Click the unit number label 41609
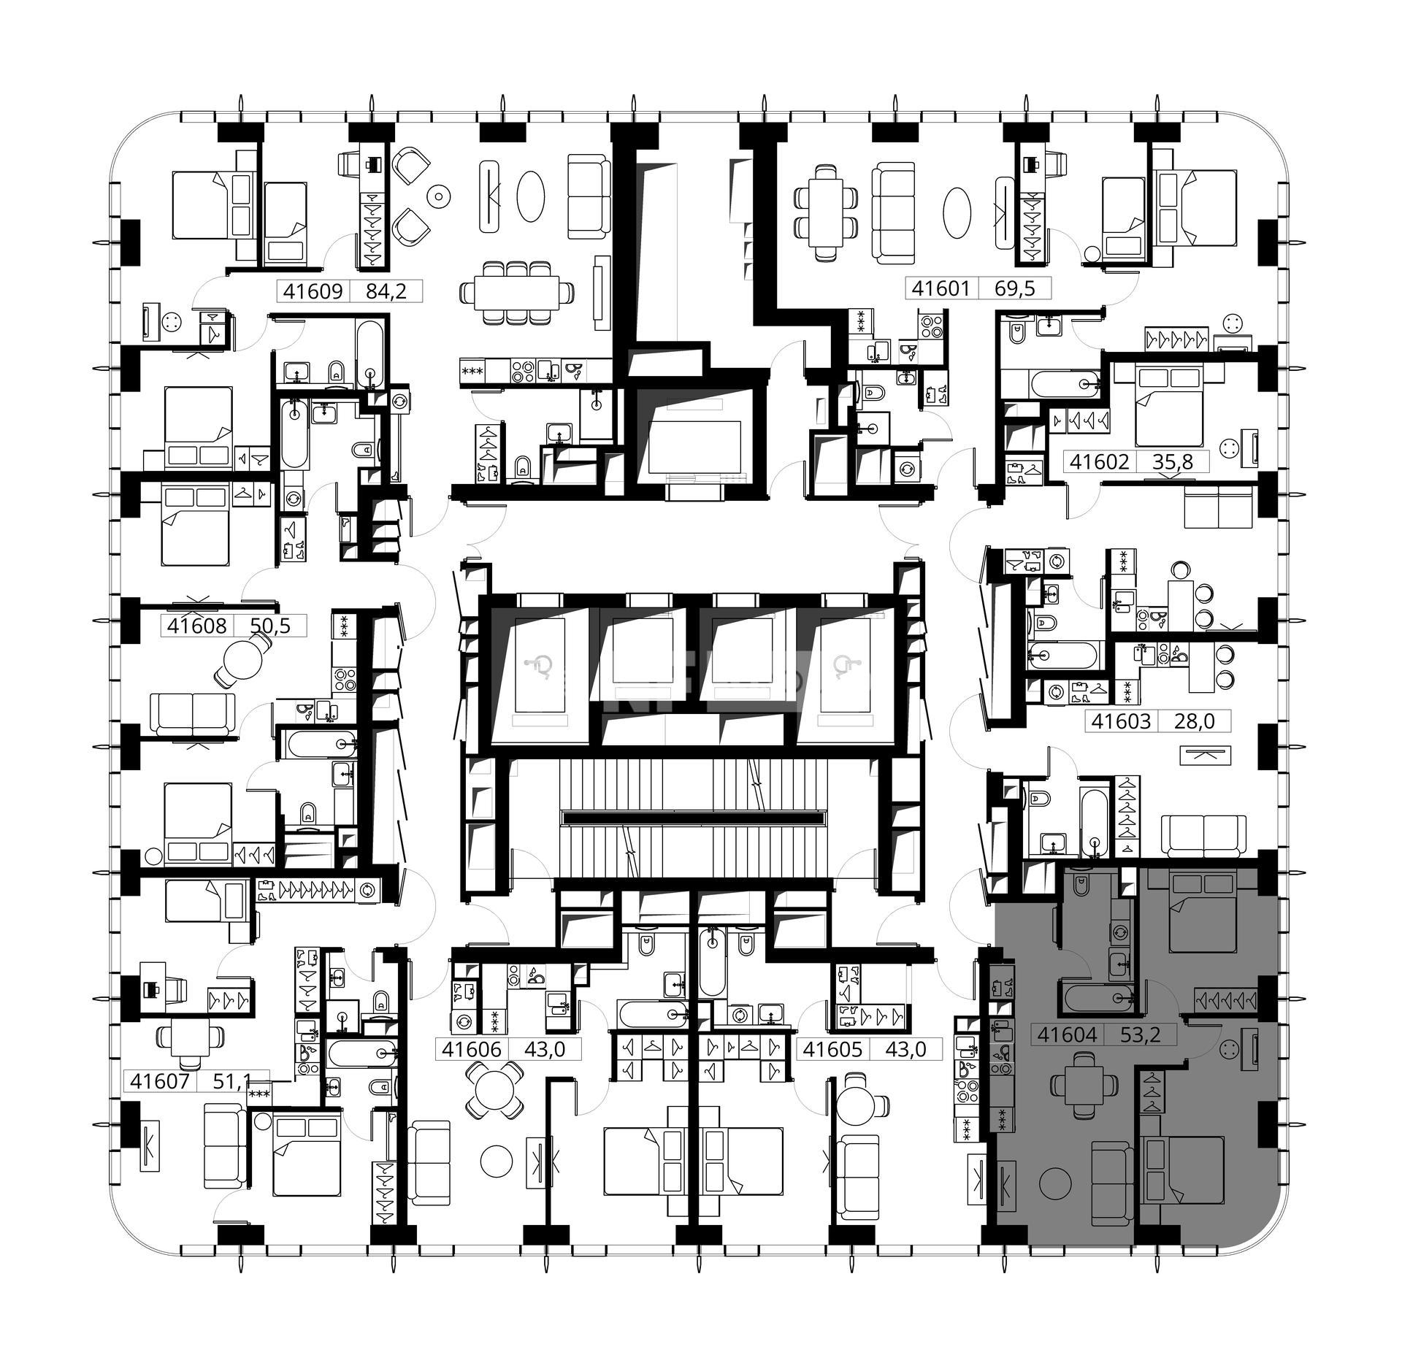click(x=313, y=291)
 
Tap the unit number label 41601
click(x=941, y=288)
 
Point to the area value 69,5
click(x=1015, y=288)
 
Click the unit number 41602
click(x=1100, y=461)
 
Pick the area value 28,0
click(x=1194, y=721)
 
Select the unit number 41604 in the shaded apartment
click(x=1067, y=1034)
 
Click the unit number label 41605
click(x=832, y=1050)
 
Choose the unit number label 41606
click(x=472, y=1050)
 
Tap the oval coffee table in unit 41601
click(x=957, y=212)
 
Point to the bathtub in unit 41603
click(x=1062, y=655)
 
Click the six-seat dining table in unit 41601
click(x=826, y=212)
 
